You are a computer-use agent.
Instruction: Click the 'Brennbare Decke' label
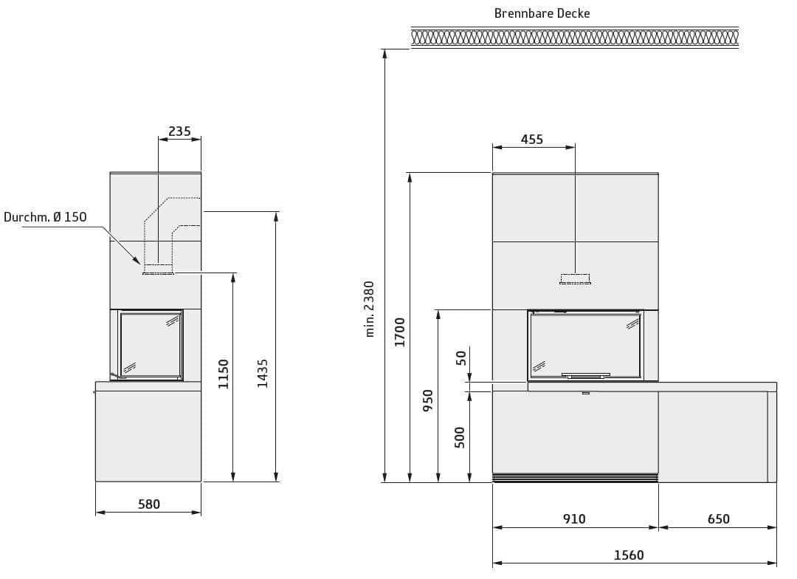pyautogui.click(x=542, y=13)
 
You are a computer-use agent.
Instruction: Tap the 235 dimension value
pyautogui.click(x=179, y=131)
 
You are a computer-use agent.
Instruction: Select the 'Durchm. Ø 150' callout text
pyautogui.click(x=45, y=217)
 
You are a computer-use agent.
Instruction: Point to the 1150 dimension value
pyautogui.click(x=224, y=374)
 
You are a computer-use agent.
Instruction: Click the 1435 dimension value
pyautogui.click(x=263, y=374)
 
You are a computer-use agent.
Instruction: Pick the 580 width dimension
pyautogui.click(x=149, y=504)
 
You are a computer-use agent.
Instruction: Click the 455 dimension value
pyautogui.click(x=531, y=140)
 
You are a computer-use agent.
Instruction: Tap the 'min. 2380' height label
pyautogui.click(x=370, y=309)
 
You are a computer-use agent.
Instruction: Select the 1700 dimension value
pyautogui.click(x=400, y=332)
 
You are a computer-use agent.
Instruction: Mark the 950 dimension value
pyautogui.click(x=428, y=400)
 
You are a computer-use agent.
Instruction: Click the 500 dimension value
pyautogui.click(x=460, y=437)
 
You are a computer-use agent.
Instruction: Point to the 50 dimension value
pyautogui.click(x=461, y=358)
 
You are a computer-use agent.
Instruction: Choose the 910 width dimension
pyautogui.click(x=574, y=519)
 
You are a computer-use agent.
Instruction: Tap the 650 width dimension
pyautogui.click(x=718, y=519)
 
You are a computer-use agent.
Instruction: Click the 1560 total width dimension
pyautogui.click(x=629, y=555)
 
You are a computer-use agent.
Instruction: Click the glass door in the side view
pyautogui.click(x=151, y=344)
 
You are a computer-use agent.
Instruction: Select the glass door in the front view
pyautogui.click(x=585, y=345)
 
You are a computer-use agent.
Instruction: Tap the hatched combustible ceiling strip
pyautogui.click(x=574, y=37)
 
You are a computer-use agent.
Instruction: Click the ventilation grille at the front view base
pyautogui.click(x=575, y=478)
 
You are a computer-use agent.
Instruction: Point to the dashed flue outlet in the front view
pyautogui.click(x=575, y=278)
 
